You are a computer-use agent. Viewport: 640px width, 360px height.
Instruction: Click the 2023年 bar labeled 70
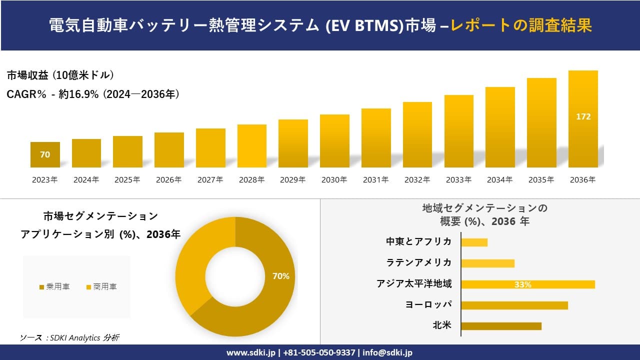(45, 154)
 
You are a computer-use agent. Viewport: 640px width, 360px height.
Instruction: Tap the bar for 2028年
(252, 146)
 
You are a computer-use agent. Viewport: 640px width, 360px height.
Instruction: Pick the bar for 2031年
(376, 138)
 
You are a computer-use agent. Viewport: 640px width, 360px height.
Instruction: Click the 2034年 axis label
(499, 180)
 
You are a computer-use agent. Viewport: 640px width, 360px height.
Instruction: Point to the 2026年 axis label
(168, 180)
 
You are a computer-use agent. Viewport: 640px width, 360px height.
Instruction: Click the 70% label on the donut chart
(280, 276)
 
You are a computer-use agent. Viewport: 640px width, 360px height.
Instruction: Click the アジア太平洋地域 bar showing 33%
(528, 284)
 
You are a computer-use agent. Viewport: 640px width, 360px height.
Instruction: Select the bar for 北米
(501, 326)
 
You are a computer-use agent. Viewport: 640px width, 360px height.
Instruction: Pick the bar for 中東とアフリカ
(474, 242)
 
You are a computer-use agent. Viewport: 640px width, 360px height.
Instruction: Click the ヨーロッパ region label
(428, 304)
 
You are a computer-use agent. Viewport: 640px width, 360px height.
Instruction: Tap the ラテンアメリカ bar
(487, 263)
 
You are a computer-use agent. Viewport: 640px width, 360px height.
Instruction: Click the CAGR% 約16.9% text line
(93, 94)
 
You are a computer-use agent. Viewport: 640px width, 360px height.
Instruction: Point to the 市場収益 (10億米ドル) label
(60, 75)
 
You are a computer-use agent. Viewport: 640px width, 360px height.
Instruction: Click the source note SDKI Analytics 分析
(70, 338)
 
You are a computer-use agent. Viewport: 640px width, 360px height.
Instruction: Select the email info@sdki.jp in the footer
(387, 352)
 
